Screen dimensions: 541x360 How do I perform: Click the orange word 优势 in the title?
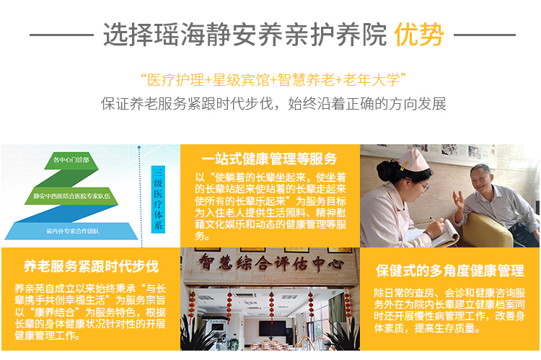(419, 34)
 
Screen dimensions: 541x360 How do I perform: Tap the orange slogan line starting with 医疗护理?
(273, 80)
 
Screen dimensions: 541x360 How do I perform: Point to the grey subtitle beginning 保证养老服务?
(273, 104)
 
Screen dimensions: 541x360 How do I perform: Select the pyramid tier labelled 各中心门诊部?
(71, 160)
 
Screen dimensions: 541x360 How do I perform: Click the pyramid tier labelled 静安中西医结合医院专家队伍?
(71, 196)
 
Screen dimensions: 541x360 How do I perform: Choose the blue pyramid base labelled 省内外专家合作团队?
(71, 231)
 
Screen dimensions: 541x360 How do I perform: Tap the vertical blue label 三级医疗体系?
(158, 199)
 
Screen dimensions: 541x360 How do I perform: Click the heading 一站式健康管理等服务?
(269, 159)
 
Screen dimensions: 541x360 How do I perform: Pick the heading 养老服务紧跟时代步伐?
(91, 266)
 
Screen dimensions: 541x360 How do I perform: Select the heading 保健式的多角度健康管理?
(450, 271)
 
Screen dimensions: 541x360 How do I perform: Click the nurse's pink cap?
(413, 160)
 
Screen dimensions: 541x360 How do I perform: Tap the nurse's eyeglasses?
(423, 186)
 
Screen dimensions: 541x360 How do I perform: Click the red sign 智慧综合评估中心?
(270, 264)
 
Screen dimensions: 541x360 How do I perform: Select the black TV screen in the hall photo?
(273, 328)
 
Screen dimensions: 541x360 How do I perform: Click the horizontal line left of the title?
(62, 35)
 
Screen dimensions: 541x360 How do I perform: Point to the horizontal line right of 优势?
(485, 35)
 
